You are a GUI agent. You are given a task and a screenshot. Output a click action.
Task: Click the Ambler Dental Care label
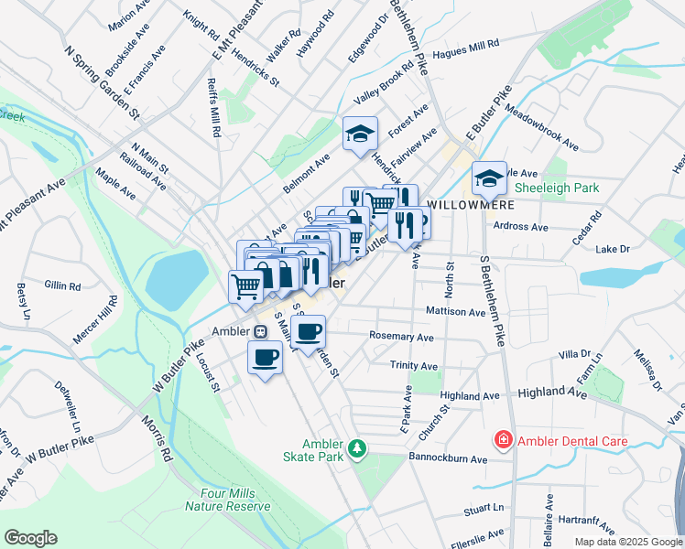[572, 441]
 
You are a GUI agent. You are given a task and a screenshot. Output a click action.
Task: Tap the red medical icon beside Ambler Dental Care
[503, 441]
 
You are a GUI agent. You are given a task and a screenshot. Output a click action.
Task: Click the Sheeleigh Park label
[556, 187]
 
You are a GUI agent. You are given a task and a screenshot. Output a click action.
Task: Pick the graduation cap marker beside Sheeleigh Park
[490, 177]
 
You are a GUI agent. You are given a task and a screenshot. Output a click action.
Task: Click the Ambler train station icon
[261, 331]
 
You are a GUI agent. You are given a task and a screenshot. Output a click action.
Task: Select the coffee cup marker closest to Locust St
[266, 357]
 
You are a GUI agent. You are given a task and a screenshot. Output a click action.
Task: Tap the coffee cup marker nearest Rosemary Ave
[310, 330]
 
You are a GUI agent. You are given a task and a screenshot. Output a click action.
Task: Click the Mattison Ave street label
[455, 312]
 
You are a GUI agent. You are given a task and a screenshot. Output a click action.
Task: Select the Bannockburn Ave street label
[448, 457]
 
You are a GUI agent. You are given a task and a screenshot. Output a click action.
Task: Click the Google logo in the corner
[30, 537]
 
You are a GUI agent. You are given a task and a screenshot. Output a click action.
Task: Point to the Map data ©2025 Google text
[627, 542]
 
